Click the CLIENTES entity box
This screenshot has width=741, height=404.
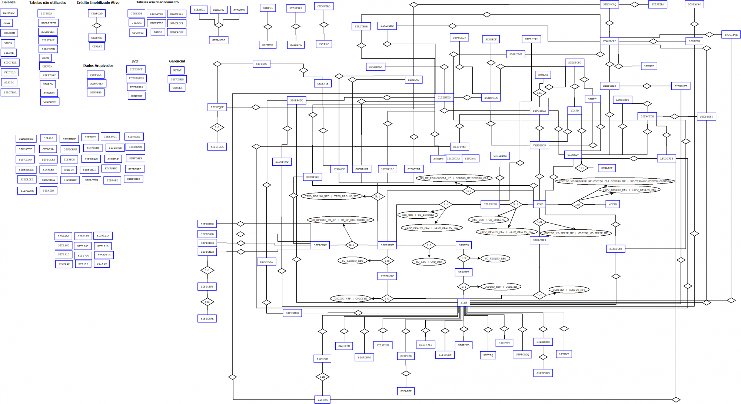(444, 97)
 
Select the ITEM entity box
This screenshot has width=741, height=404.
(463, 302)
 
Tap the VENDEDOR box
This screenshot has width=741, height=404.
(539, 145)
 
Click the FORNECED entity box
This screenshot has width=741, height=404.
(609, 41)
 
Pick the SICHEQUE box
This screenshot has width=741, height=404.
(217, 107)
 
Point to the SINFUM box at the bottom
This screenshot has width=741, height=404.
(322, 400)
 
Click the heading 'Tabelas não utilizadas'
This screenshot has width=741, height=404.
(47, 3)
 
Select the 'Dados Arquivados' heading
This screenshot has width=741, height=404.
(98, 66)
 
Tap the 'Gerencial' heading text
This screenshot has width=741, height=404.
(177, 61)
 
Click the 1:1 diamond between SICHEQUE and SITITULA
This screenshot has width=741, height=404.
(217, 127)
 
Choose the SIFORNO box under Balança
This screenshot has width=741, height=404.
(9, 13)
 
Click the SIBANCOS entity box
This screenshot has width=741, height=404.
(219, 40)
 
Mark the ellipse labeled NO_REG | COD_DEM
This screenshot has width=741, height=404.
(429, 262)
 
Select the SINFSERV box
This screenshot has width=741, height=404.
(387, 245)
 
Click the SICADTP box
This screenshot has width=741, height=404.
(406, 391)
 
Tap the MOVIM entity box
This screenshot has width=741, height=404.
(613, 204)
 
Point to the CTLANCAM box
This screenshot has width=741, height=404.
(490, 204)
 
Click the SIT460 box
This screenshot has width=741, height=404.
(102, 264)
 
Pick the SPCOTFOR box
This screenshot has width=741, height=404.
(731, 34)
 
